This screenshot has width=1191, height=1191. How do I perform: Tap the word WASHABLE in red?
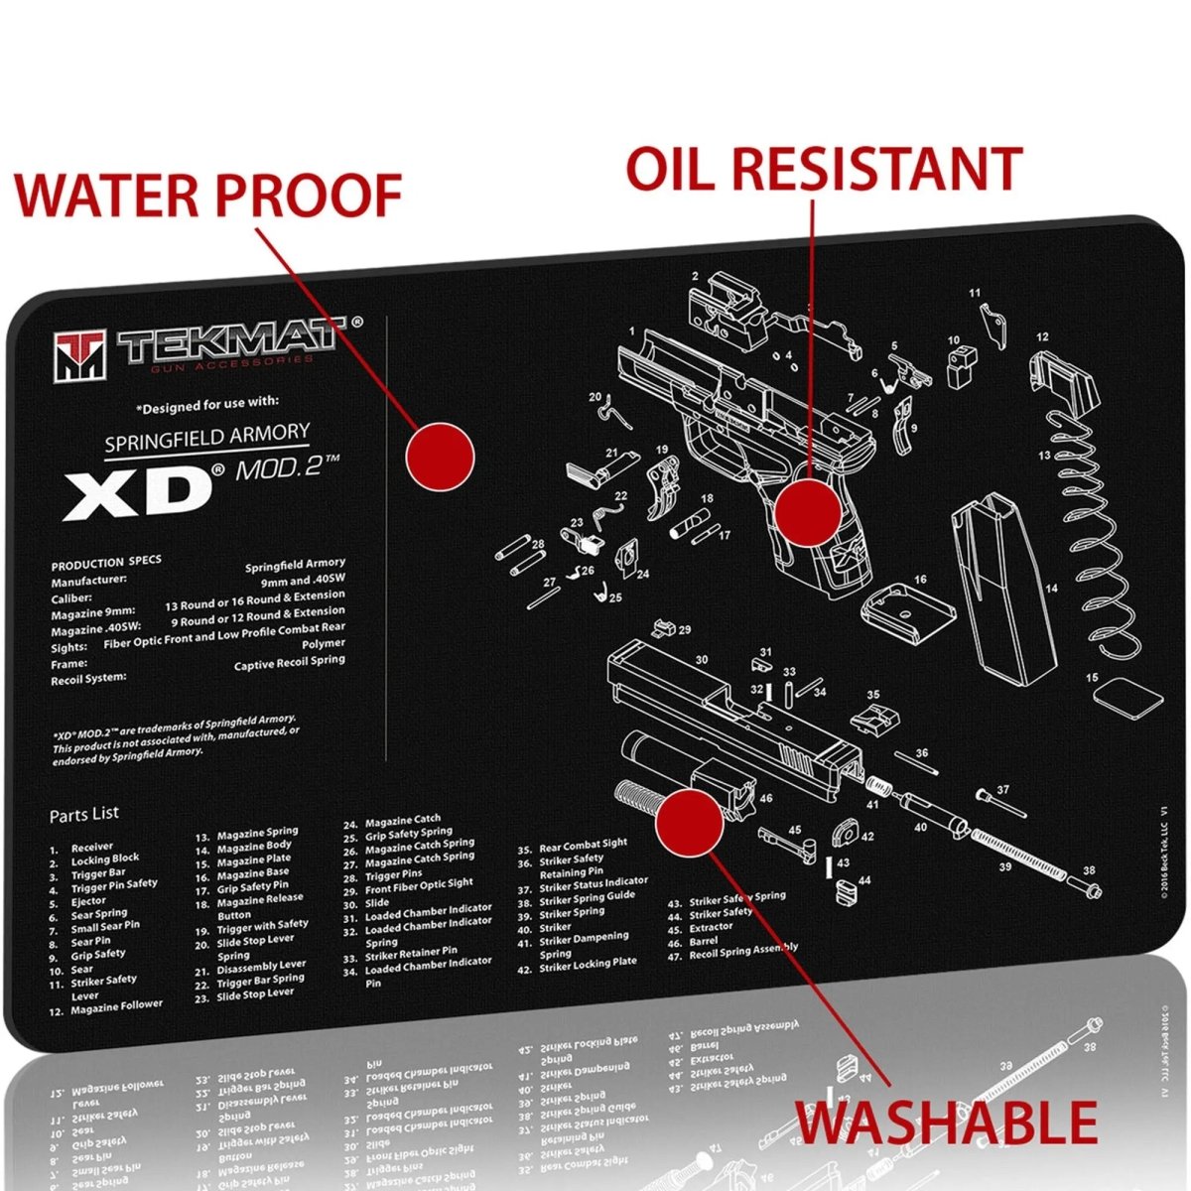(x=947, y=1124)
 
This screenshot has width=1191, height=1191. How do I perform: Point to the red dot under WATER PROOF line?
(x=440, y=456)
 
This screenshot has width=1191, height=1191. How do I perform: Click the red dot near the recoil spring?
(x=689, y=820)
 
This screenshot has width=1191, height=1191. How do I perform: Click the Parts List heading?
(x=84, y=813)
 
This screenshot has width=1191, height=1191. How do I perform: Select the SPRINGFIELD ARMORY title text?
(x=207, y=438)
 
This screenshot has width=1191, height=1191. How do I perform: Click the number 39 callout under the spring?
(x=1004, y=867)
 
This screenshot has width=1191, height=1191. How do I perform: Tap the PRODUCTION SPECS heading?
(x=106, y=563)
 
